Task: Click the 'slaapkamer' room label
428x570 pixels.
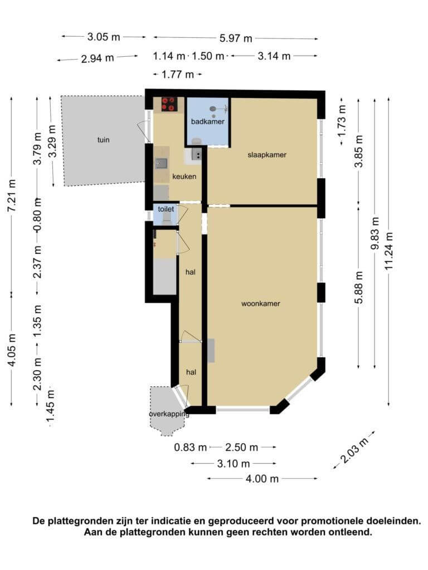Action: (x=267, y=155)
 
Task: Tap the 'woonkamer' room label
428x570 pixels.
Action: (x=261, y=303)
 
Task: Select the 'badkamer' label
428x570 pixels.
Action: (x=208, y=121)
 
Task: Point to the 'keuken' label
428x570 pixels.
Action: (x=184, y=176)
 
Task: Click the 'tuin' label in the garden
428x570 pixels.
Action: (x=103, y=140)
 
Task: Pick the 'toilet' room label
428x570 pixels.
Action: (x=166, y=209)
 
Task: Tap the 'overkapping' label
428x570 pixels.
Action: (x=169, y=414)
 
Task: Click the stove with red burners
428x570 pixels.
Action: (x=169, y=104)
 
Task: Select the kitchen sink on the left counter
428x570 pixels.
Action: (x=161, y=163)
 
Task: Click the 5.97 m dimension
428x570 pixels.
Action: (x=236, y=38)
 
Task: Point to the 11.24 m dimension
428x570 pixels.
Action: (x=389, y=251)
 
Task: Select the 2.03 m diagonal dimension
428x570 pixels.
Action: (x=353, y=450)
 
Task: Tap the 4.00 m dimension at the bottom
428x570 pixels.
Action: (x=262, y=478)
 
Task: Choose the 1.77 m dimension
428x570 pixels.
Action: (x=177, y=75)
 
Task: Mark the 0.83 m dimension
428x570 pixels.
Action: (x=191, y=447)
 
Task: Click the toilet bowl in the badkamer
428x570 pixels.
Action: (x=197, y=141)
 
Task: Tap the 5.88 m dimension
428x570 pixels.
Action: (x=359, y=287)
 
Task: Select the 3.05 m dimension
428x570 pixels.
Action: (x=104, y=37)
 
